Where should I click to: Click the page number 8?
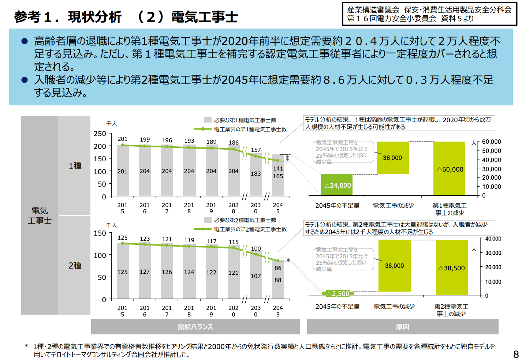coord(516,354)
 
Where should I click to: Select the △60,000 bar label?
coord(450,169)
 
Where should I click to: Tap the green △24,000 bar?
coord(337,185)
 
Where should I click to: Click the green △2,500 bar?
coord(338,293)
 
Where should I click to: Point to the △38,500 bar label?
coord(451,268)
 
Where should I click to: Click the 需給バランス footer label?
coord(195,327)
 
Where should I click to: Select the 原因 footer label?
coord(402,327)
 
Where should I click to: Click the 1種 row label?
coord(75,166)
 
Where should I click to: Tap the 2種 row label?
coord(75,265)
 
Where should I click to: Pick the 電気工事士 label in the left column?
coord(40,215)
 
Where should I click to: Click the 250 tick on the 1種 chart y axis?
coord(100,134)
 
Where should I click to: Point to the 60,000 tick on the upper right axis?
coord(491,142)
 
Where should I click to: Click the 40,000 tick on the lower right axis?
coord(493,239)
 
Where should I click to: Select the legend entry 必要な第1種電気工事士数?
coord(245,120)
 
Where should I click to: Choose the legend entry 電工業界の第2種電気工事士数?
coord(250,229)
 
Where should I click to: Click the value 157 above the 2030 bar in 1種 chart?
coord(256,150)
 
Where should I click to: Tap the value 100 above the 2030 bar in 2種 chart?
coord(256,249)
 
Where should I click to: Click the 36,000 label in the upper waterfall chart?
coord(392,158)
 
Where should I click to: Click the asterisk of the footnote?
coord(26,346)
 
